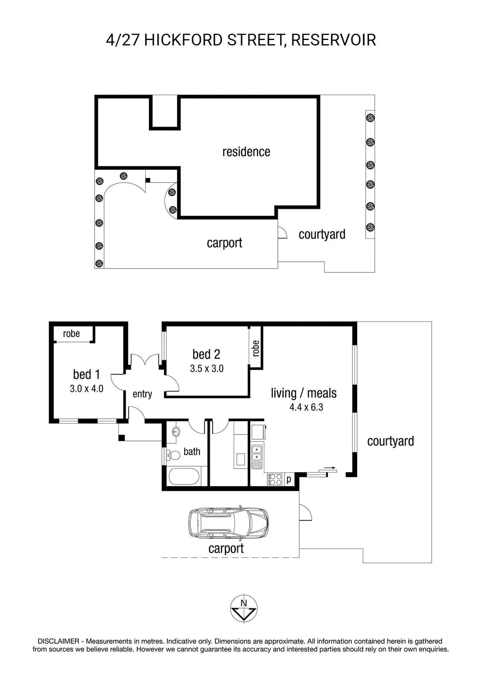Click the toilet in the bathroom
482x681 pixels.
click(x=173, y=455)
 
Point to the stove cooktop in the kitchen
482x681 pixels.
click(x=274, y=479)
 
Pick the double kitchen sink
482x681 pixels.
click(x=257, y=453)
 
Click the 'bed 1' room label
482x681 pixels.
click(x=87, y=374)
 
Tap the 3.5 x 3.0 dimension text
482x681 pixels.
click(x=207, y=369)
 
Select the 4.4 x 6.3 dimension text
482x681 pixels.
click(x=306, y=407)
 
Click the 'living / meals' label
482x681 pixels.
click(x=303, y=393)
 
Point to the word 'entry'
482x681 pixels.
click(x=142, y=394)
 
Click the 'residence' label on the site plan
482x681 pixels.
click(x=246, y=152)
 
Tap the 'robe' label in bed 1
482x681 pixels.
click(x=71, y=334)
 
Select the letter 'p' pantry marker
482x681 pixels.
click(x=289, y=479)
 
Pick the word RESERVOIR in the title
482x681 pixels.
click(x=333, y=40)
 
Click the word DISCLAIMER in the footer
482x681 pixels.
click(x=58, y=641)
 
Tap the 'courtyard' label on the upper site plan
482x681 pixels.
click(x=322, y=235)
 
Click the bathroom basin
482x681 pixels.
click(x=176, y=432)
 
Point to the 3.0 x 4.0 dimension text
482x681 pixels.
click(x=87, y=389)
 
